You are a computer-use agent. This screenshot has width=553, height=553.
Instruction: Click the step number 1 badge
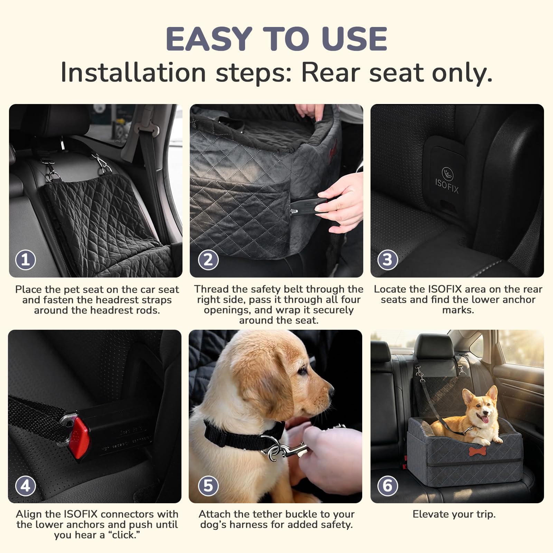click(x=26, y=260)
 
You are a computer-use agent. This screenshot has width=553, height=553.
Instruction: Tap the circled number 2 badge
click(x=208, y=260)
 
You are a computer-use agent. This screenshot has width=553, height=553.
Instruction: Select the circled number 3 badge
click(x=387, y=260)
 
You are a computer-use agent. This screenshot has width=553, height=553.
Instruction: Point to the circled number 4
click(x=26, y=486)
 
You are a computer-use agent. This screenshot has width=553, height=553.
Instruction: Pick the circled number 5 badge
click(x=208, y=486)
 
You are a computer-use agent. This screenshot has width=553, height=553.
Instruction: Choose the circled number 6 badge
click(x=387, y=486)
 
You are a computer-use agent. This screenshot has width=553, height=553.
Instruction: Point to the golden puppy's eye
click(x=302, y=371)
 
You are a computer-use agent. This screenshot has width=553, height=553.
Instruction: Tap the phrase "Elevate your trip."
click(x=454, y=514)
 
